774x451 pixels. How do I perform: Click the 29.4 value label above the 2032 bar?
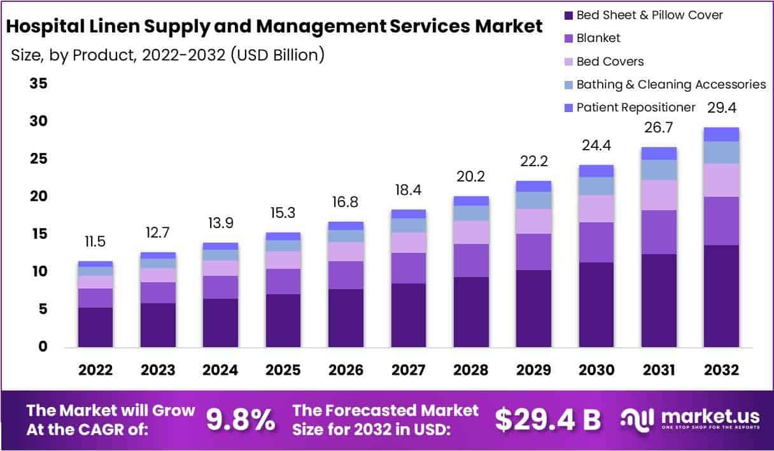coord(722,108)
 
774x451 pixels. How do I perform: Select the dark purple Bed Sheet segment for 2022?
coord(95,327)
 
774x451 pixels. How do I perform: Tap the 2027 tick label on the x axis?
coord(409,370)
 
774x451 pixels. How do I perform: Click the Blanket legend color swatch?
coord(568,38)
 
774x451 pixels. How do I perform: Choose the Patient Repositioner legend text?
coord(636,107)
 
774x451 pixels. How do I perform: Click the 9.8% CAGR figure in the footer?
coord(241,419)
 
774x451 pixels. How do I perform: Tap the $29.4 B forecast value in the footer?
coord(548,419)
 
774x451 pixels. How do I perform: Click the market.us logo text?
coord(710,417)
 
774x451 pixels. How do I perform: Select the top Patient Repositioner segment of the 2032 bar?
coord(722,134)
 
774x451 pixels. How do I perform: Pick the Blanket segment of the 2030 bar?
coord(596,242)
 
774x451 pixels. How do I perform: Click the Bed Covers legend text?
coord(610,61)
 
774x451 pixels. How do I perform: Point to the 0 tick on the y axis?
coord(43,347)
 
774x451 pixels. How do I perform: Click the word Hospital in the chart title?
coord(51,27)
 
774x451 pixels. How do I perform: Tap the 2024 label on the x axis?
coord(220,370)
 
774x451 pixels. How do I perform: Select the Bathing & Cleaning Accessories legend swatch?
coord(568,84)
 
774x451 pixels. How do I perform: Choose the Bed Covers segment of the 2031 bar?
coord(659,195)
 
